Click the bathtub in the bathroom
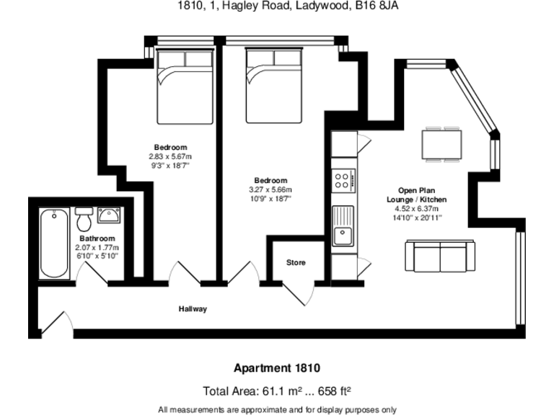[54, 244]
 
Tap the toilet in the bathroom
[84, 219]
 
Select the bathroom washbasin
[109, 215]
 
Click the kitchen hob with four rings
[343, 181]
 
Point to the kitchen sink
[343, 226]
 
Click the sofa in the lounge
[440, 256]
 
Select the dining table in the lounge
[441, 144]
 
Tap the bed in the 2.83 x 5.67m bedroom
[185, 86]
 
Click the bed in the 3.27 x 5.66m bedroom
[274, 86]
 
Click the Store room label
[296, 262]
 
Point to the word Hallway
[193, 309]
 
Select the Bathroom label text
[97, 238]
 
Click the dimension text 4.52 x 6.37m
[416, 208]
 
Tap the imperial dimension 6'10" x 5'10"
[97, 256]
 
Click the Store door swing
[299, 294]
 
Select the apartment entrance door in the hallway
[57, 323]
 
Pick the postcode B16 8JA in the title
[377, 6]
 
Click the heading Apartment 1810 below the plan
[277, 368]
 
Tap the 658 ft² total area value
[335, 391]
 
